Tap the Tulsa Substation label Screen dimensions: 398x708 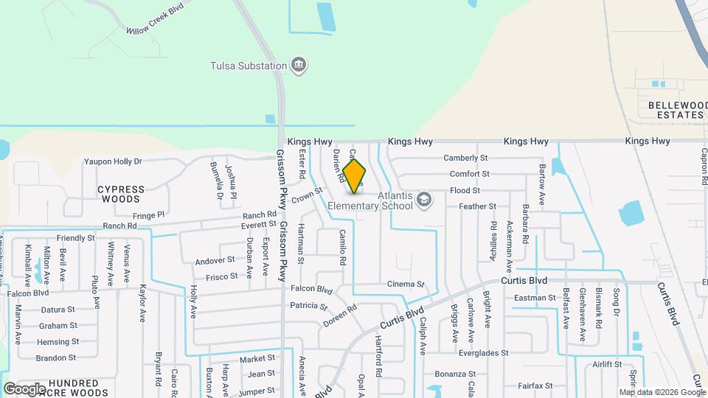(247, 66)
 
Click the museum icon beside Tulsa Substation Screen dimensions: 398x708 (299, 66)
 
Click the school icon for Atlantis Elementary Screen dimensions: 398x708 (424, 199)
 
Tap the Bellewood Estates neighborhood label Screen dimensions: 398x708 (676, 110)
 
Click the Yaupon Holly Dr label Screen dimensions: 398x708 (112, 161)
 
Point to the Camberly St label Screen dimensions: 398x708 (465, 158)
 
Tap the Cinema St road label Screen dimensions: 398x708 (406, 284)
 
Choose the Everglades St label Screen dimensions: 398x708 (483, 353)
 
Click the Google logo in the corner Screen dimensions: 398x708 (24, 389)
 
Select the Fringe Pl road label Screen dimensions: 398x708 (148, 215)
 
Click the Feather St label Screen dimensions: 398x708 (477, 207)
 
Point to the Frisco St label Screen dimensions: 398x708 (222, 276)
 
